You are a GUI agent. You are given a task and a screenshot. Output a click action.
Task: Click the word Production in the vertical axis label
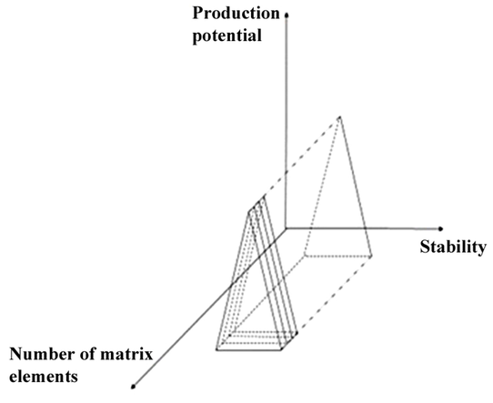pos(236,14)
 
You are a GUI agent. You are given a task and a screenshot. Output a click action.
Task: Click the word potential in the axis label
pos(227,36)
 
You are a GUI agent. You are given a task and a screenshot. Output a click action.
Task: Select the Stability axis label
pos(453,247)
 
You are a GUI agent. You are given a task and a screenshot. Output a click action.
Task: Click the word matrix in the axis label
pos(126,354)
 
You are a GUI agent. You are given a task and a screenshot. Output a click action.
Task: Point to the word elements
pos(44,377)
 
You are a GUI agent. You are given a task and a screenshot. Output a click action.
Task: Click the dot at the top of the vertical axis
pos(287,15)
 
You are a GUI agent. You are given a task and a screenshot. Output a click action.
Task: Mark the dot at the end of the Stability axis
pos(440,229)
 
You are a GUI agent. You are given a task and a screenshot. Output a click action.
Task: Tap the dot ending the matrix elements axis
pos(134,386)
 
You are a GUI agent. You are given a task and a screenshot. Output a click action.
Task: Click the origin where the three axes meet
pos(286,228)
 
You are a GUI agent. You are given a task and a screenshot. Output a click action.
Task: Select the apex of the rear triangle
pos(339,117)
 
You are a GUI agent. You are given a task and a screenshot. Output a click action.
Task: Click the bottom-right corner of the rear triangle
pos(372,256)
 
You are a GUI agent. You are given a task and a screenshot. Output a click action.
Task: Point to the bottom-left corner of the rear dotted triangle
pos(305,256)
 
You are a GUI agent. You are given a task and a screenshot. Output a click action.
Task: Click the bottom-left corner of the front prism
pos(216,349)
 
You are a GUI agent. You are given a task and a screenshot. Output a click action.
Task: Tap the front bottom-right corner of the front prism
pos(281,349)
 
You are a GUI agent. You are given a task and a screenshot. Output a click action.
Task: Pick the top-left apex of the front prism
pos(249,212)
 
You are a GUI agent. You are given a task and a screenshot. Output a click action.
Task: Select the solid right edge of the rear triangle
pos(356,186)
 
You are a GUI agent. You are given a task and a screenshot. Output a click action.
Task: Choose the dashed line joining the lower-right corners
pos(335,294)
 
